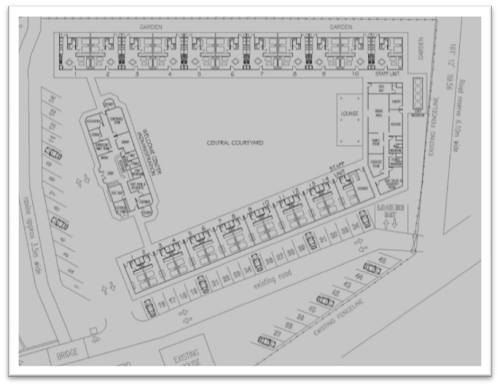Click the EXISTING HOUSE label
[x=187, y=362]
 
